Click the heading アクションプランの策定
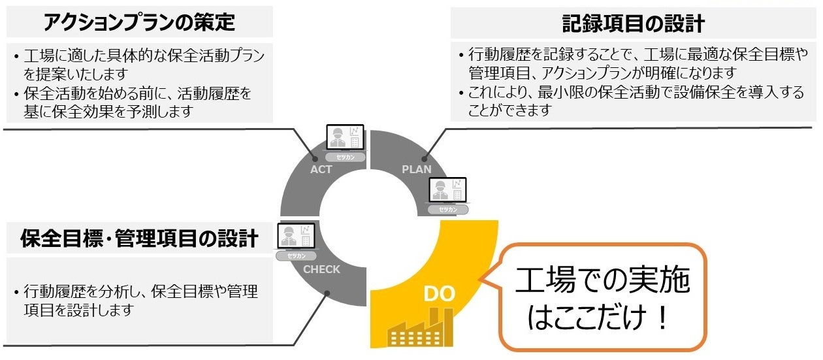point(138,23)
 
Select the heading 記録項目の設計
point(633,24)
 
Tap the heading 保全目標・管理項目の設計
point(138,238)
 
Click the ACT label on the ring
point(321,169)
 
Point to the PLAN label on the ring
point(417,169)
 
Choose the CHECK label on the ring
point(322,269)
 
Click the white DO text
point(439,294)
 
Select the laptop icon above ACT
point(346,139)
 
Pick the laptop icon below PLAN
point(447,191)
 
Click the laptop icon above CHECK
point(297,237)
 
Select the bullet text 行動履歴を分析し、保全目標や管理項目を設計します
point(140,300)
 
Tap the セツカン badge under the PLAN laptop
point(447,209)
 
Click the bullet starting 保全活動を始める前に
point(134,103)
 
